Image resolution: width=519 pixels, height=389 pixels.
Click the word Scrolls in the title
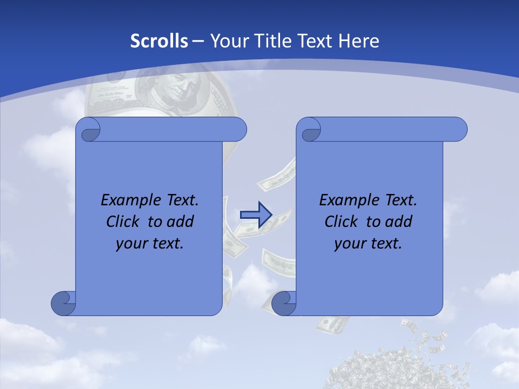[159, 41]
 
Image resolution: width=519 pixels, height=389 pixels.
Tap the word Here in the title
[358, 41]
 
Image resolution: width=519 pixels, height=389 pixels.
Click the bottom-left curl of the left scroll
[63, 303]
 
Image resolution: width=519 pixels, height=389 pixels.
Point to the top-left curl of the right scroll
[310, 130]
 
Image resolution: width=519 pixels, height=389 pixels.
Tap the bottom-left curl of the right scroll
[284, 303]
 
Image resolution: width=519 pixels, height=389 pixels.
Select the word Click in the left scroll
[122, 222]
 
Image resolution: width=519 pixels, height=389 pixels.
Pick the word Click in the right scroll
[341, 222]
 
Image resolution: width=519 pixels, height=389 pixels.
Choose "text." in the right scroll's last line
[387, 244]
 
